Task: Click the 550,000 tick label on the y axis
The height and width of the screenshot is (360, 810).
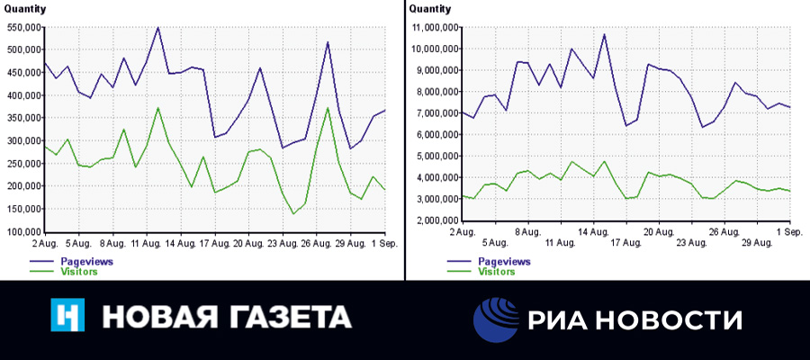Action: click(23, 27)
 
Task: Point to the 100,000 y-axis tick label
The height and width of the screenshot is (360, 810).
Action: click(23, 231)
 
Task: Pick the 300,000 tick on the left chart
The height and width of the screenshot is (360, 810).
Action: click(23, 140)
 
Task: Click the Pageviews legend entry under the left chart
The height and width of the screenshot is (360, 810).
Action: click(78, 260)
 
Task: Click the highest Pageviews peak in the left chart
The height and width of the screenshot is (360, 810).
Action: click(158, 27)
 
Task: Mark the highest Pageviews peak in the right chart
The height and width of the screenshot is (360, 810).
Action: click(604, 34)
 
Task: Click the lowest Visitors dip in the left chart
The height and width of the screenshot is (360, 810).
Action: click(293, 214)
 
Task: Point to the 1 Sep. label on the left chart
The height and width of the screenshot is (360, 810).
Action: click(384, 243)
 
